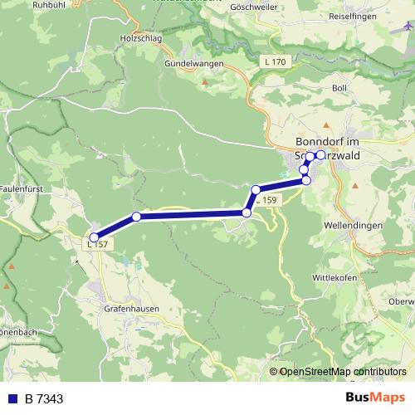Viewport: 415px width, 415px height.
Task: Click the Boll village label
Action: tap(339, 87)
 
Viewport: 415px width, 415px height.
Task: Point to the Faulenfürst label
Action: tap(23, 189)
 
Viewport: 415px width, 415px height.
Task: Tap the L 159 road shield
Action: tap(267, 201)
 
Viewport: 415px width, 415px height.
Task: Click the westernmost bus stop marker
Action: tap(94, 238)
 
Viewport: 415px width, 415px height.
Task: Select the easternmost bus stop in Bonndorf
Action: tap(320, 154)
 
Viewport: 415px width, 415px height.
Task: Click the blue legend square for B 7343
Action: tap(14, 398)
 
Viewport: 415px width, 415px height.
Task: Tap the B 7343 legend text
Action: tap(45, 398)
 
